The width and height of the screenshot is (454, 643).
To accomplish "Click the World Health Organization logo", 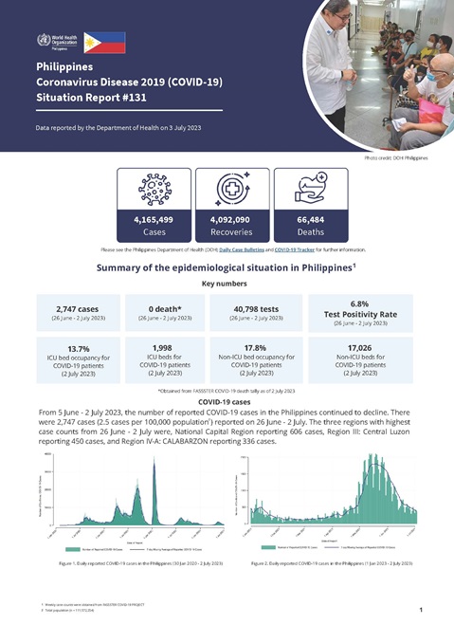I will (x=55, y=42).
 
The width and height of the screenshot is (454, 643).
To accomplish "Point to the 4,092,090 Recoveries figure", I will (x=227, y=219).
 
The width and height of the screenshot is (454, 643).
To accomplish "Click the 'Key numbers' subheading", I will (x=227, y=283).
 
